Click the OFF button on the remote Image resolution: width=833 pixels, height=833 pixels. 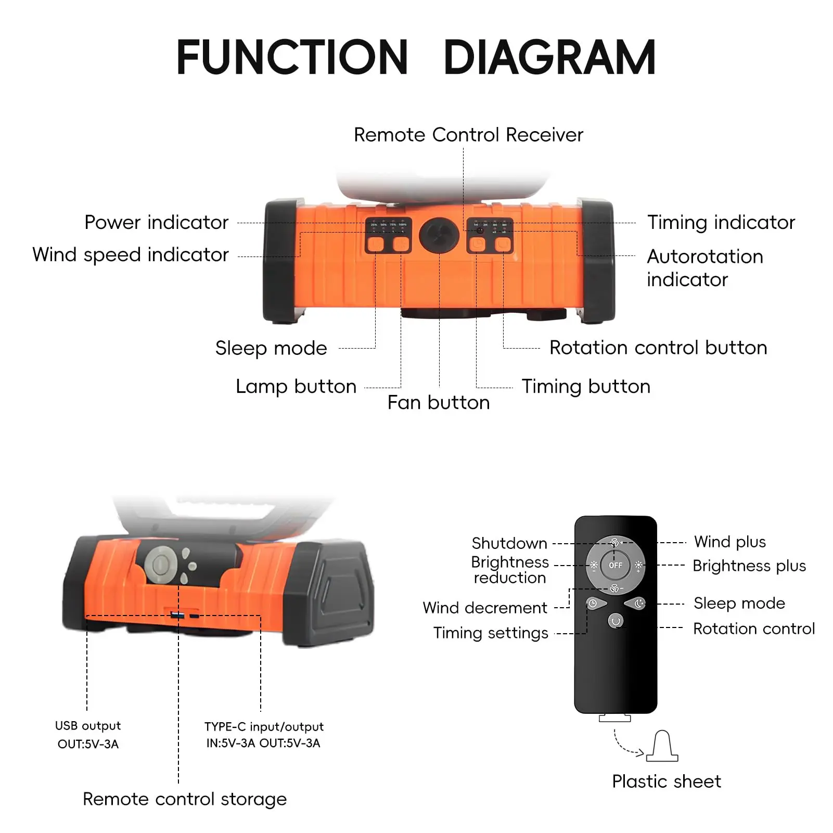coord(615,565)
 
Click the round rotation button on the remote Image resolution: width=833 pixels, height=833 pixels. coord(616,621)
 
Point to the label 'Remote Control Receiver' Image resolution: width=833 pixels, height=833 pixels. coord(468,135)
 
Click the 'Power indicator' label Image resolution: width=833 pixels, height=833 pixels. coord(156,223)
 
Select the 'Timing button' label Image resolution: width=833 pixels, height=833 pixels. coord(586,387)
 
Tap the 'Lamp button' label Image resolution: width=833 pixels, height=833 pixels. coord(296,387)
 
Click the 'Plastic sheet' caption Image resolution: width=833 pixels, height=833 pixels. coord(666,781)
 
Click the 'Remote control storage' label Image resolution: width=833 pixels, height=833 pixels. coord(185,799)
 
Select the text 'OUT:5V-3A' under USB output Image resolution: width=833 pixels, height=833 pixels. coord(88,744)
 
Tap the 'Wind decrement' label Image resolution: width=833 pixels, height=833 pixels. coord(484,608)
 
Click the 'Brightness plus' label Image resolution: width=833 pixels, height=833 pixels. coord(749,566)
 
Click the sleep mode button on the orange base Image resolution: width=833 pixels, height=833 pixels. coord(375,244)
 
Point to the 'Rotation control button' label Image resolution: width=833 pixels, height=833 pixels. coord(658,348)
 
